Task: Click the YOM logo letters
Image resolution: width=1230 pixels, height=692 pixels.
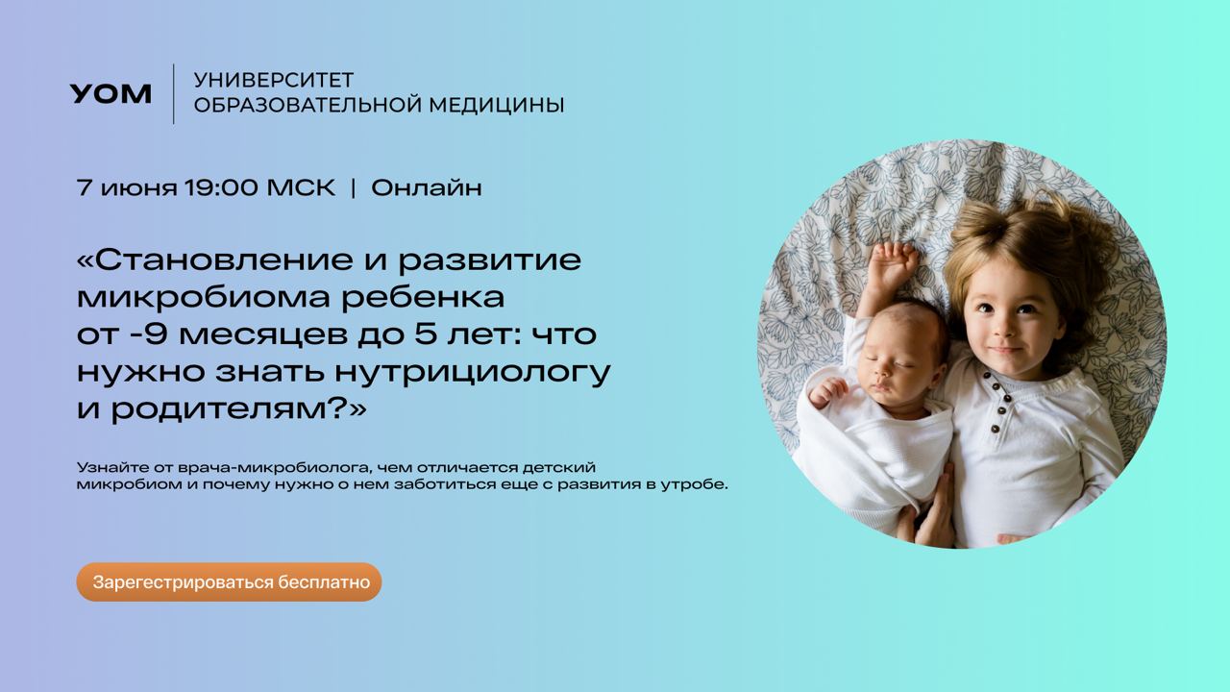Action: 111,94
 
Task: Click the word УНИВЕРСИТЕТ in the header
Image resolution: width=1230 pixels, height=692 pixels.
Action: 274,80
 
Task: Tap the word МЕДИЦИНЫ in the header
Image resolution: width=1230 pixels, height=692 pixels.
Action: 497,105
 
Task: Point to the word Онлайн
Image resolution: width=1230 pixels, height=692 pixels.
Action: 427,187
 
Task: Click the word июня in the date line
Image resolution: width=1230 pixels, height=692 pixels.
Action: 139,189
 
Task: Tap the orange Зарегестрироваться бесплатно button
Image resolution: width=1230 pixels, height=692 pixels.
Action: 229,582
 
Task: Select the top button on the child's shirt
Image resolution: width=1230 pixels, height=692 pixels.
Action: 987,378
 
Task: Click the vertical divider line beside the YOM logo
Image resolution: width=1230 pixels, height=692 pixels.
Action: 174,94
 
